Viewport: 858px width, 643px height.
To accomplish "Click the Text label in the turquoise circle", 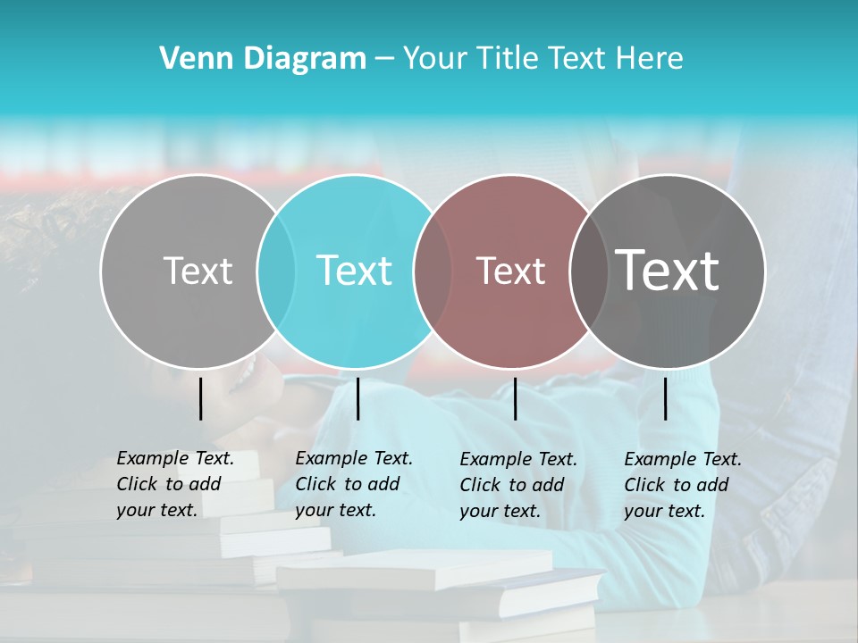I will coord(355,271).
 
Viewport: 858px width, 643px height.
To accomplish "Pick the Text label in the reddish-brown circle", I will coord(511,271).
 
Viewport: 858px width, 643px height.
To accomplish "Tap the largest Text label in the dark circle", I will coord(668,270).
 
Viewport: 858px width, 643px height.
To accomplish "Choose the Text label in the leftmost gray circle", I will coord(198,271).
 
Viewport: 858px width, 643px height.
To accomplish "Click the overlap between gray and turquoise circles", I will coord(276,271).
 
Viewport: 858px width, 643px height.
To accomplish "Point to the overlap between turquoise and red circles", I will coord(433,271).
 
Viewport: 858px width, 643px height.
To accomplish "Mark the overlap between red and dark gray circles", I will coord(587,271).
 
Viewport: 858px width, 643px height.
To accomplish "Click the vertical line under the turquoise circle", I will coord(357,398).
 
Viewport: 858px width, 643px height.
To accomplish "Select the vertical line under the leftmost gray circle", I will coord(200,398).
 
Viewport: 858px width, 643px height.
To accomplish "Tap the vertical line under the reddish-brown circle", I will coord(515,398).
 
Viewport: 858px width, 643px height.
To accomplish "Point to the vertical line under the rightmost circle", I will coord(665,398).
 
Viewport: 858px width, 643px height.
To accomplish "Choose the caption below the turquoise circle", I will coord(353,484).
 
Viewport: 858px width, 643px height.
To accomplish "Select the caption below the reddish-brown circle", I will coord(517,485).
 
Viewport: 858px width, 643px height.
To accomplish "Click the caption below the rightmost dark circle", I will coord(682,485).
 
